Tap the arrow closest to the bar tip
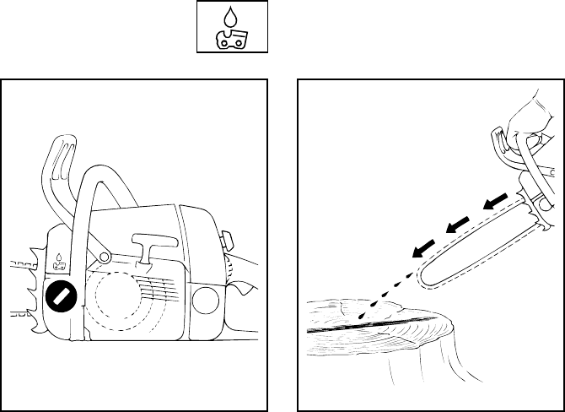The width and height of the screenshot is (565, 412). click(x=421, y=246)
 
